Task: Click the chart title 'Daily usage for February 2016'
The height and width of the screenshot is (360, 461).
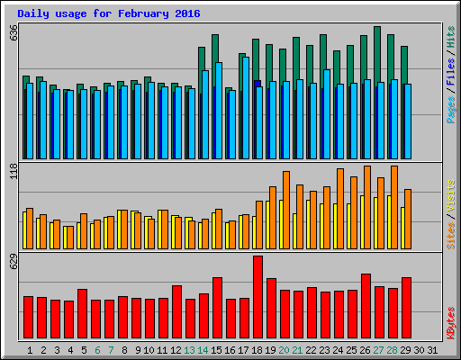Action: coord(109,14)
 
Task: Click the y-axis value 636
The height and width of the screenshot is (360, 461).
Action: coord(13,33)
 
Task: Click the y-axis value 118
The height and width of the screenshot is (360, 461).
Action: coord(13,172)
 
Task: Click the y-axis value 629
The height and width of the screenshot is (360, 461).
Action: coord(13,263)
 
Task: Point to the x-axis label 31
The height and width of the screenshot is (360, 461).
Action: coord(433,349)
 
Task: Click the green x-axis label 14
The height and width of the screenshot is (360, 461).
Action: coord(203,349)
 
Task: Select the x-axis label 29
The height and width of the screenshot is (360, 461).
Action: coord(406,349)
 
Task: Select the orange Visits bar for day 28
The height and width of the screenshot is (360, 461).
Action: coord(394,207)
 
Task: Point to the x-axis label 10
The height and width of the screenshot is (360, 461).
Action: coord(149,349)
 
